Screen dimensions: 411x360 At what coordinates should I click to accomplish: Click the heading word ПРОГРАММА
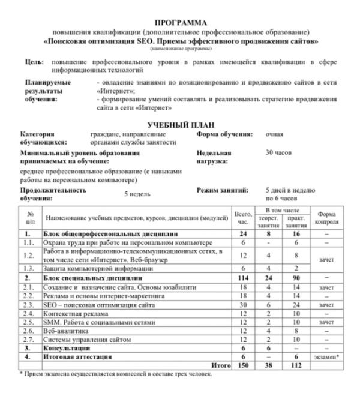tap(181, 22)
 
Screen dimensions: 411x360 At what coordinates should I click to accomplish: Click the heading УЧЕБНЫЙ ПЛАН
tap(181, 124)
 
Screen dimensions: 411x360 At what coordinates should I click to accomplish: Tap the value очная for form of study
tap(274, 134)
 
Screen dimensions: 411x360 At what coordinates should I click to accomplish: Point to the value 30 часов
tap(278, 153)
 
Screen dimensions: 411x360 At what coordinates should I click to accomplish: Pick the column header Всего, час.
tap(243, 218)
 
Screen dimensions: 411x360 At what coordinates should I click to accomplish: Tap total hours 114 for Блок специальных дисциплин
tap(243, 278)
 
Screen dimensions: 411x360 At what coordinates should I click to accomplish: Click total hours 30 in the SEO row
tap(243, 305)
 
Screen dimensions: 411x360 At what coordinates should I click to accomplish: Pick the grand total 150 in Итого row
tap(243, 365)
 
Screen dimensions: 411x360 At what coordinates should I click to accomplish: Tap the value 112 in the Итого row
tap(293, 365)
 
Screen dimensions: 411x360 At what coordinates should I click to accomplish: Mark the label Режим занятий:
tap(223, 190)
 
